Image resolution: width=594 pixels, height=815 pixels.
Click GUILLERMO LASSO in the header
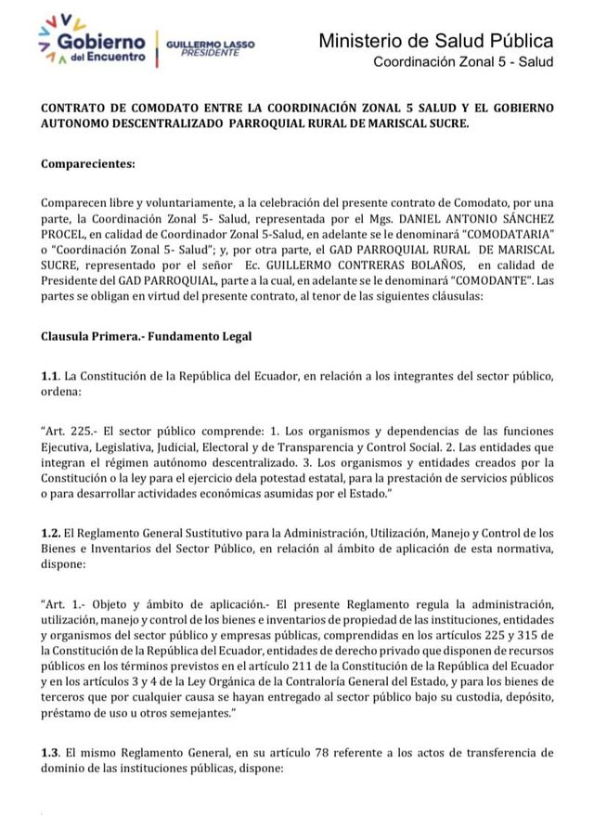(209, 44)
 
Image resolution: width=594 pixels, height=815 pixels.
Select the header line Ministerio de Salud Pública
(435, 41)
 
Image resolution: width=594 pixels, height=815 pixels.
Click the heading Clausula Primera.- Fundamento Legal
(146, 334)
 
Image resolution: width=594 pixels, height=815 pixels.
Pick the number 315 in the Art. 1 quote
(531, 635)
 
